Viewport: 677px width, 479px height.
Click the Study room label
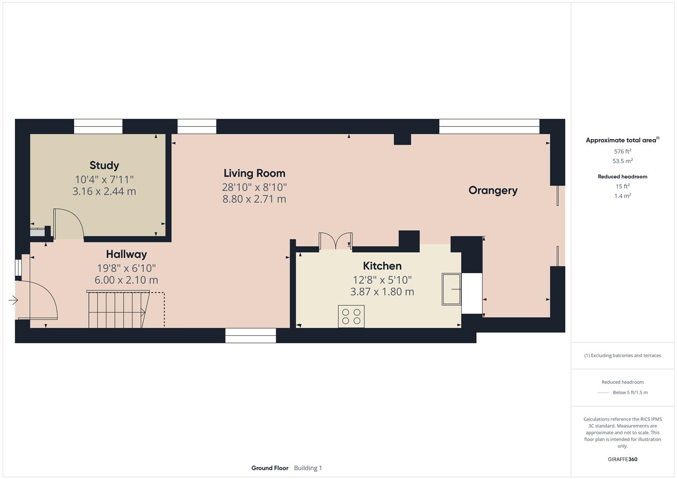(x=104, y=165)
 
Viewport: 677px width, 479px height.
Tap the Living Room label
(x=254, y=173)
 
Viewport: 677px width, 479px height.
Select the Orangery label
(x=493, y=190)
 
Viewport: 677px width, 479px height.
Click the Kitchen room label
(x=382, y=266)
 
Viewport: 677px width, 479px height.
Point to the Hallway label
(x=126, y=254)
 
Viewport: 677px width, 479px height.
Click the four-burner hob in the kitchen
(x=351, y=316)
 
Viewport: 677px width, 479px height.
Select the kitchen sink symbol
(x=451, y=289)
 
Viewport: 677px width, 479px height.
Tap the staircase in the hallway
(x=118, y=310)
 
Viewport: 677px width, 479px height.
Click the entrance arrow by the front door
(x=13, y=301)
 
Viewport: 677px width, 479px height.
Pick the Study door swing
(x=69, y=224)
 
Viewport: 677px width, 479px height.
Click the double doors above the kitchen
(x=336, y=241)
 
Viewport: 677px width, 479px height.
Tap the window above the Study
(x=98, y=126)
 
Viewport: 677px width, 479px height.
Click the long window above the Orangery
(x=489, y=126)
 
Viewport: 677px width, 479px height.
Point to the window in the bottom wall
(x=250, y=336)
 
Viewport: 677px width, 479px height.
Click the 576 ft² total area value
(x=622, y=151)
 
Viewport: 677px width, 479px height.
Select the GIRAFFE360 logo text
(x=622, y=459)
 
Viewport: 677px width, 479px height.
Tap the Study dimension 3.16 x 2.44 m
(x=104, y=192)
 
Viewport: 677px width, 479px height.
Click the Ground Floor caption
(x=270, y=468)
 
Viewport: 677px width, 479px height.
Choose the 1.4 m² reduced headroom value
(x=622, y=196)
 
